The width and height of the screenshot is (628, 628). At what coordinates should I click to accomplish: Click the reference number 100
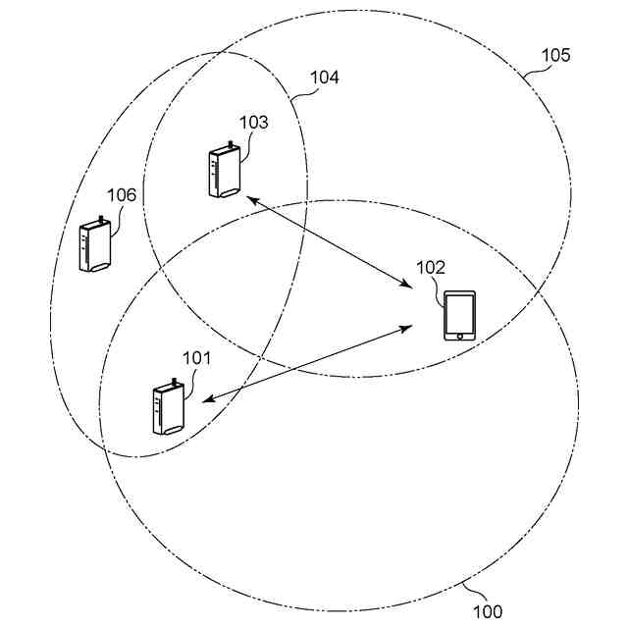[488, 612]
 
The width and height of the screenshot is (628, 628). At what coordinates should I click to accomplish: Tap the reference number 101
[197, 358]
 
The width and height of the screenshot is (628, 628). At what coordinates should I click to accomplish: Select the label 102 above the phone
[431, 267]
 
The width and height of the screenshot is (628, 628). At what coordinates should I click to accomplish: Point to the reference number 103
[253, 123]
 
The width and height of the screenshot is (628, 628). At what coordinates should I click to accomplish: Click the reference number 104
[325, 77]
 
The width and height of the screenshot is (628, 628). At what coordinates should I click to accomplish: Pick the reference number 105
[555, 55]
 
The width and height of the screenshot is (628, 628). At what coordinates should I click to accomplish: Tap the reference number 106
[122, 195]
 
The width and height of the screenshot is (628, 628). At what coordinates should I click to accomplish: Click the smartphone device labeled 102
[459, 315]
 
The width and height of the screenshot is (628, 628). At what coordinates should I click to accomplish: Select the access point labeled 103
[225, 173]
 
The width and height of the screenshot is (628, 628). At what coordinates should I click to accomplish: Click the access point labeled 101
[168, 409]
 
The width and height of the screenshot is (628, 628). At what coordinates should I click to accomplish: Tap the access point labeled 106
[94, 245]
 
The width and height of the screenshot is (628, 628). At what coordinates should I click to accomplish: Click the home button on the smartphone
[459, 336]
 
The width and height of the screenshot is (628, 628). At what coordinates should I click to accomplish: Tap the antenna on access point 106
[100, 218]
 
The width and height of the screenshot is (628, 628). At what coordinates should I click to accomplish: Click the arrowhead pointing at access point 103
[250, 200]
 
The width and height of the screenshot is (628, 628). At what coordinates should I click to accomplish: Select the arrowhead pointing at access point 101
[206, 399]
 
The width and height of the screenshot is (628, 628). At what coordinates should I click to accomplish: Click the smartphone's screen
[459, 313]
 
